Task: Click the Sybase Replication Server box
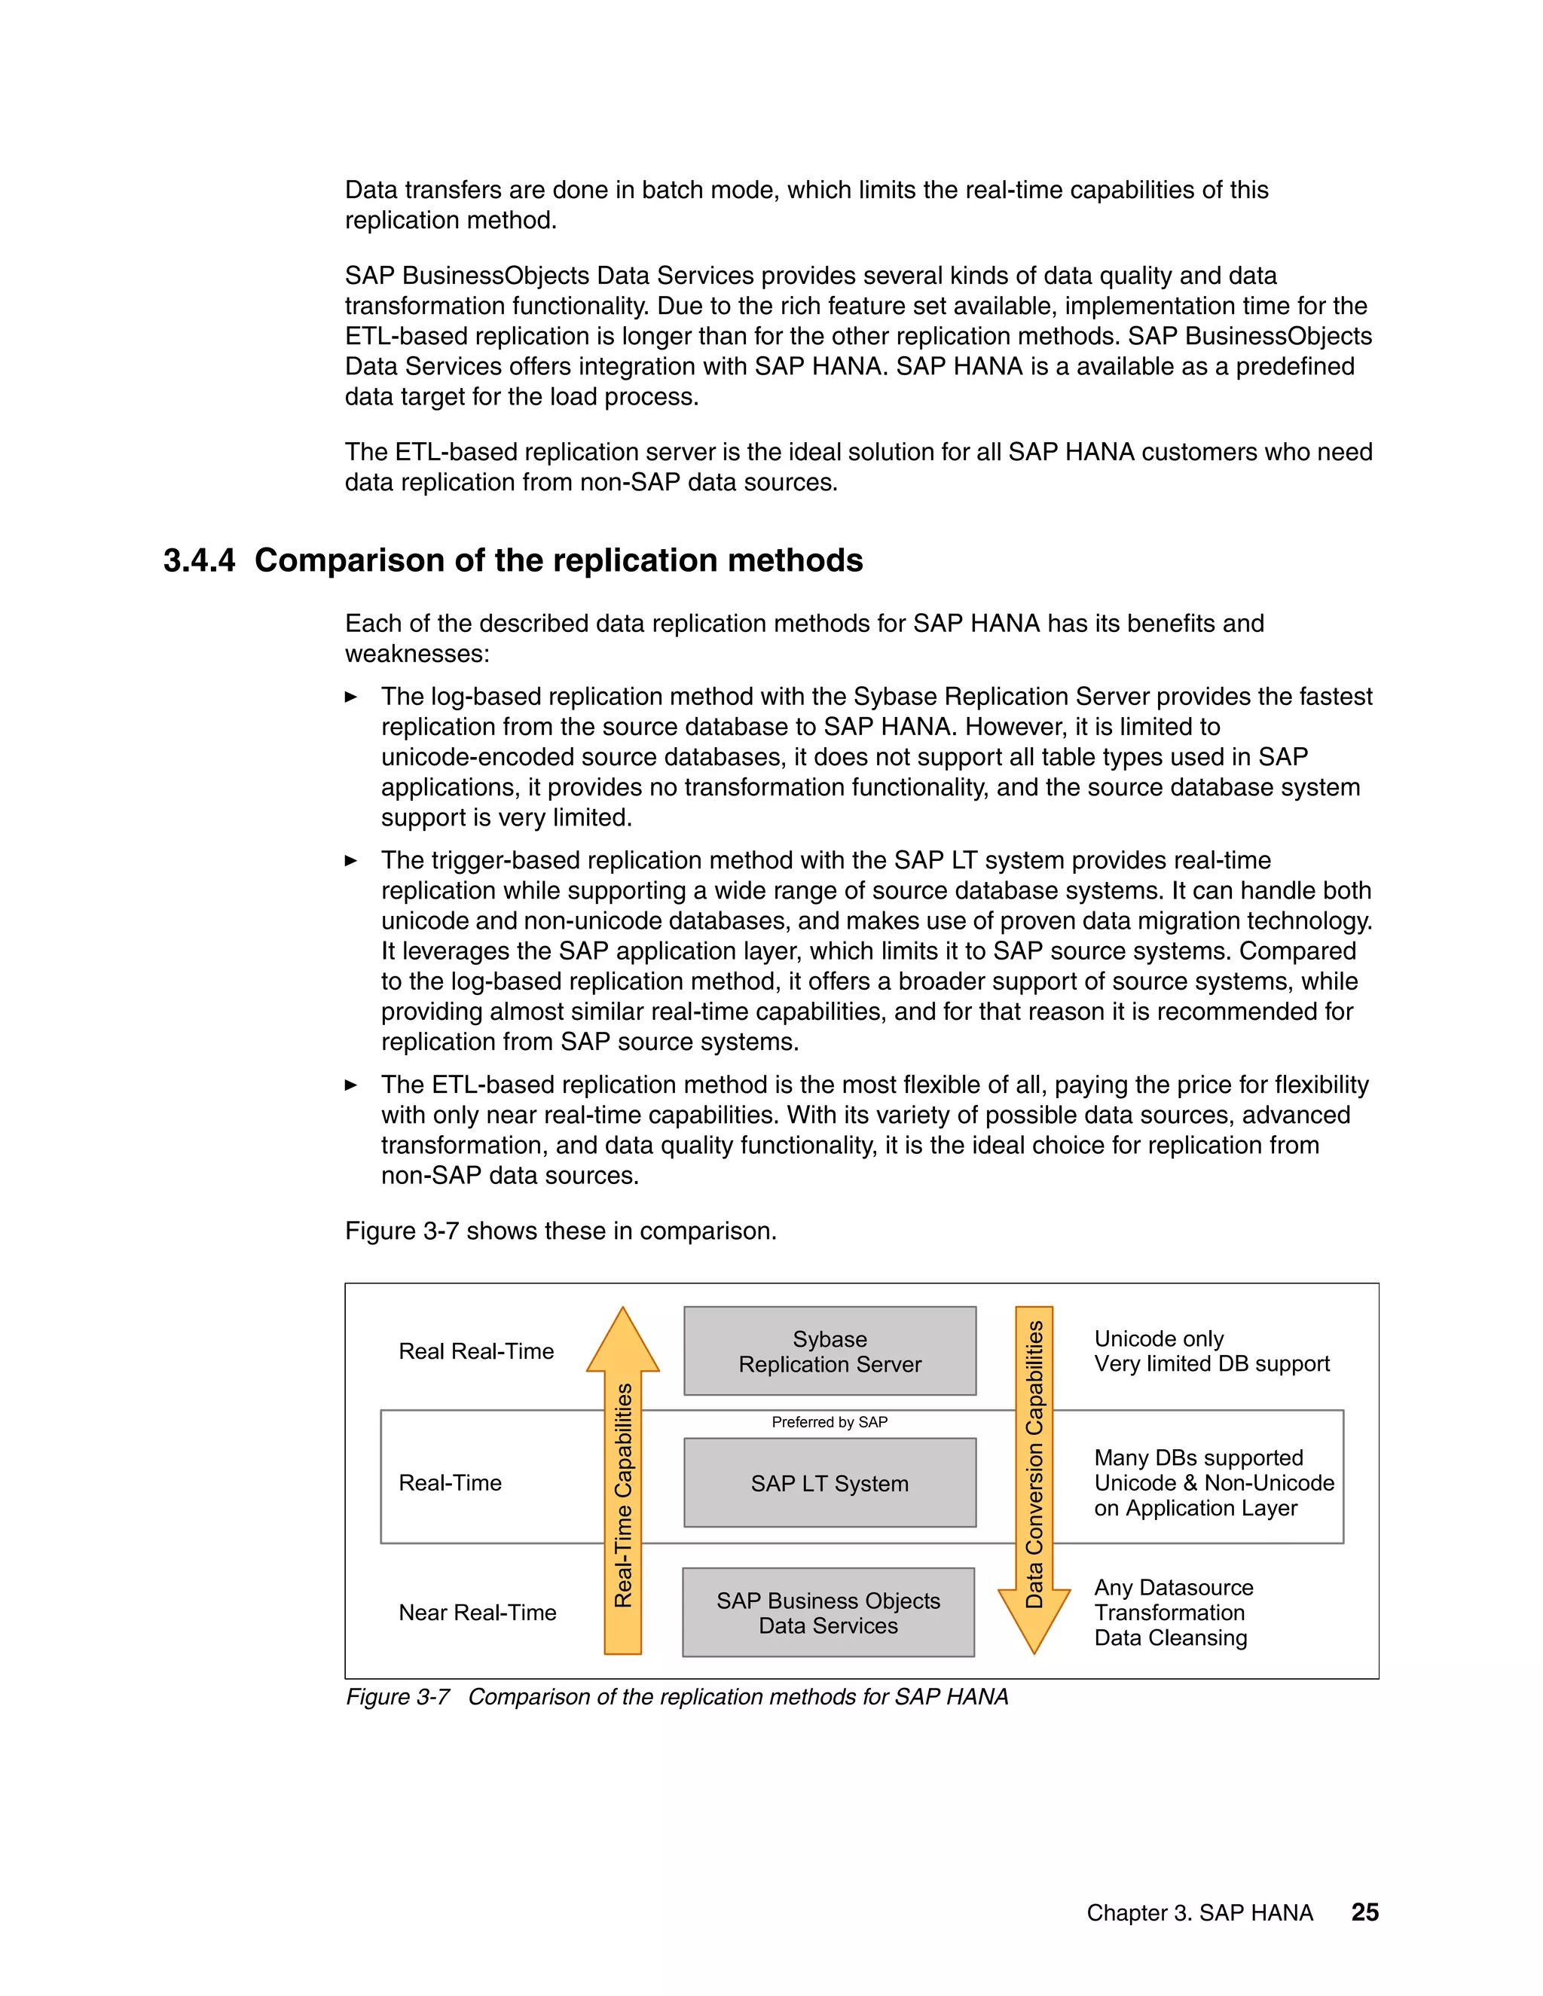[x=829, y=1351]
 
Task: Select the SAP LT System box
[x=829, y=1482]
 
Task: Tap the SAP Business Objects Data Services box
[x=828, y=1612]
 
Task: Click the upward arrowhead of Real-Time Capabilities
[x=622, y=1341]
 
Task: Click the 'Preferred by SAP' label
[x=829, y=1422]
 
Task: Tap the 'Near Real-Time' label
[x=477, y=1612]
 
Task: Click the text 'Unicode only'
[x=1158, y=1339]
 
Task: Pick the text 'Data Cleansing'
[x=1170, y=1637]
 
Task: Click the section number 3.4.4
[x=198, y=560]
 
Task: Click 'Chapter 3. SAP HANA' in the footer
[x=1199, y=1913]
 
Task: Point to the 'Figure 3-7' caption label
[x=398, y=1697]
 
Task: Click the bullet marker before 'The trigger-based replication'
[x=351, y=860]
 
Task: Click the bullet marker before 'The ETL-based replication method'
[x=351, y=1085]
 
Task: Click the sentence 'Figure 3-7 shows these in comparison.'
[x=561, y=1231]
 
